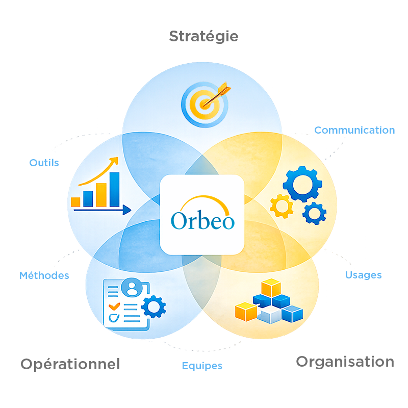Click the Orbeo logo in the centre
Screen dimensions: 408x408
[x=202, y=215]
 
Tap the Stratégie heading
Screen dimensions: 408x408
[x=203, y=37]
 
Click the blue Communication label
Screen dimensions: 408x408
[x=354, y=130]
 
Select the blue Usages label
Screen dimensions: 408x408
[x=363, y=275]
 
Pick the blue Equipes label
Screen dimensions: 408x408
[x=202, y=366]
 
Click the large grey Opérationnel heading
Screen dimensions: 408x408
[x=70, y=364]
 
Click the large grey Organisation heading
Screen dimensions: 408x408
[x=345, y=362]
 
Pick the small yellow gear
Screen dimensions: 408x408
[x=281, y=206]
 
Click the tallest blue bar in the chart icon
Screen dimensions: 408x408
[x=115, y=189]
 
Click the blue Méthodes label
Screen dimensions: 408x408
[x=44, y=275]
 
